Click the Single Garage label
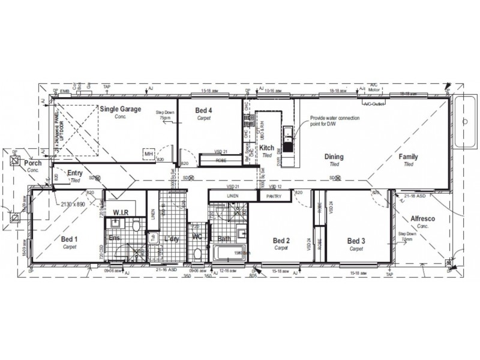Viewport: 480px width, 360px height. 120,109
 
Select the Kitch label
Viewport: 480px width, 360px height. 267,148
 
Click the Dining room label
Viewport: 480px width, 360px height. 334,157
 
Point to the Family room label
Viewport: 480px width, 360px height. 409,157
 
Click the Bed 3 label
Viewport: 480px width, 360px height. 356,241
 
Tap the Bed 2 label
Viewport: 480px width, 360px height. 281,241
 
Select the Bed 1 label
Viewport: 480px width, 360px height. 69,239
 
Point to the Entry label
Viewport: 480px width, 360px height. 75,173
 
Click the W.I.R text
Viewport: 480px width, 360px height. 122,212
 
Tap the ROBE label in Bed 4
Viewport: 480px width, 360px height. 221,161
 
